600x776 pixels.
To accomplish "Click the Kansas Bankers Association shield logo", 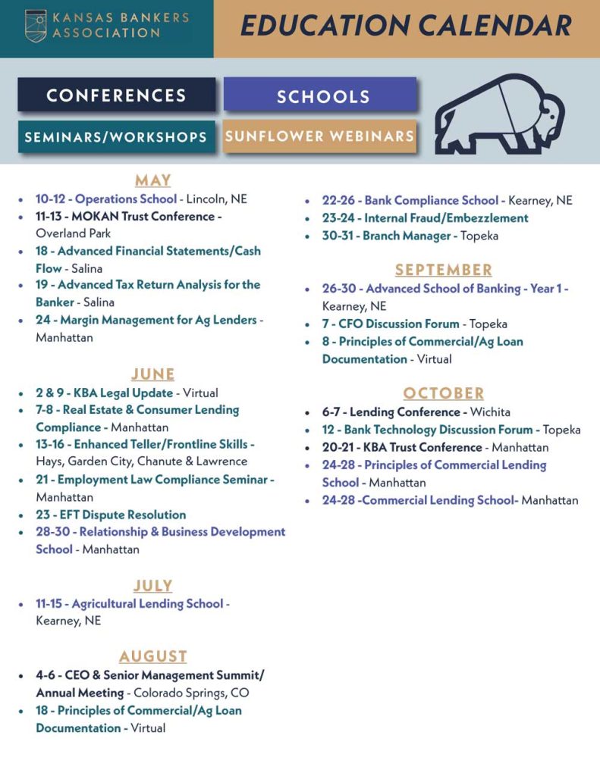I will click(x=35, y=25).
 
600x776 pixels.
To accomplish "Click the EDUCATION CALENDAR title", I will click(x=406, y=26).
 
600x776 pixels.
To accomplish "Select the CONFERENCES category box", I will click(x=116, y=95).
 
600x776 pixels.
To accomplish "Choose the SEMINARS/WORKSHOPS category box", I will click(x=116, y=137).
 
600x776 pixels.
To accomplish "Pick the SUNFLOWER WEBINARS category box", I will click(x=319, y=136).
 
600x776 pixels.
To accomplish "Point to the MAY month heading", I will click(x=152, y=180).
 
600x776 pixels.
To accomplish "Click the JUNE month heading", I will click(x=152, y=374).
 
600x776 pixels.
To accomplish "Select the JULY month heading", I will click(x=152, y=586).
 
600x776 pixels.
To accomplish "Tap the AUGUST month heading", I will click(x=152, y=656).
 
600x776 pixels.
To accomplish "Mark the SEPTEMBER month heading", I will click(x=443, y=270).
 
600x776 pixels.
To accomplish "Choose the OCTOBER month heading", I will click(x=443, y=393).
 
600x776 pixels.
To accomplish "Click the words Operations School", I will click(x=126, y=199).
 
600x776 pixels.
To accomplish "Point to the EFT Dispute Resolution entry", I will click(x=111, y=515).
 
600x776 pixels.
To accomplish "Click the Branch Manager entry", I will click(x=407, y=236).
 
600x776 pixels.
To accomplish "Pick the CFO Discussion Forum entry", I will click(x=399, y=324).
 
